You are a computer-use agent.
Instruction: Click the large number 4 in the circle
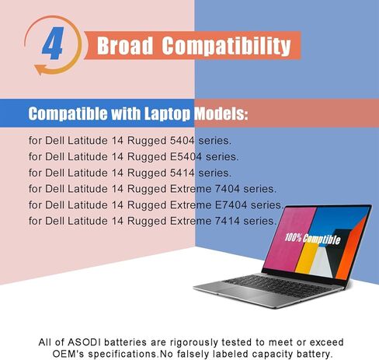[53, 44]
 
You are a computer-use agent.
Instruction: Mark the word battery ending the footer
[313, 354]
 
